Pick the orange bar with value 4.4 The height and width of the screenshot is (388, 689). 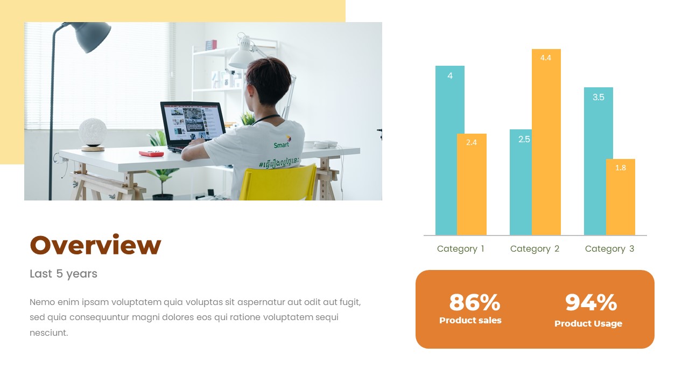click(546, 142)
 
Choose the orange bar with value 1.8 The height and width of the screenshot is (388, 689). click(621, 197)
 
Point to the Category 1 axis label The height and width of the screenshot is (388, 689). click(461, 248)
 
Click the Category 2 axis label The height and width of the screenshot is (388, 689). click(535, 248)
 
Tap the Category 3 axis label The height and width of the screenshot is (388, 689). click(609, 248)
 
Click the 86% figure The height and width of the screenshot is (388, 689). click(474, 302)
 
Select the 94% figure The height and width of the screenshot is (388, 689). click(590, 302)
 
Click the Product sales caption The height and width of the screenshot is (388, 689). click(470, 320)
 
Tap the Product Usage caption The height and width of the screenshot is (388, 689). click(588, 323)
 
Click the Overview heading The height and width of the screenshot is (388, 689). click(95, 245)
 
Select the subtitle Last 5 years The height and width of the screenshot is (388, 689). click(64, 274)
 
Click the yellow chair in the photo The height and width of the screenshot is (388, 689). click(277, 183)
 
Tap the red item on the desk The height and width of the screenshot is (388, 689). click(151, 154)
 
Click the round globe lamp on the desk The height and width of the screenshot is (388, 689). click(93, 133)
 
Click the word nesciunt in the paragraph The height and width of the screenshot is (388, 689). click(49, 332)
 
